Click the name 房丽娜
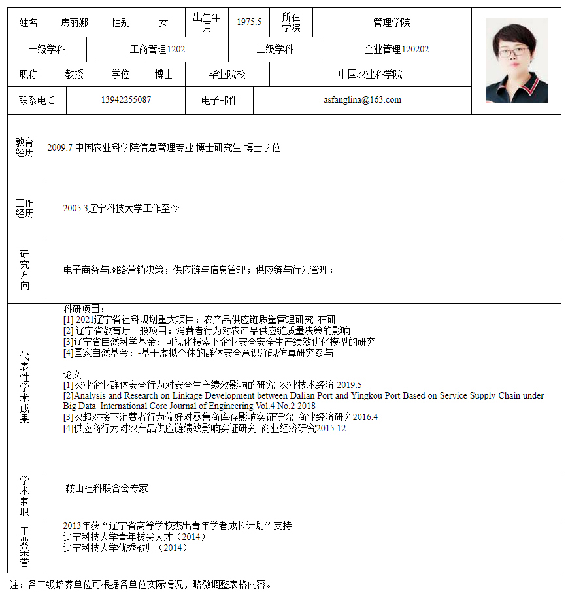click(74, 22)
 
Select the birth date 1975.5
click(249, 22)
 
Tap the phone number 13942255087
click(126, 100)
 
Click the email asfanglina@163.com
click(362, 100)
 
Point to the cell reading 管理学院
click(392, 22)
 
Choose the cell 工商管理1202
click(158, 49)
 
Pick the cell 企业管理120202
click(396, 49)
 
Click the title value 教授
click(74, 74)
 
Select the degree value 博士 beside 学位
click(163, 74)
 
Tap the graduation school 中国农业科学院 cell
click(370, 74)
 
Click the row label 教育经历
click(25, 147)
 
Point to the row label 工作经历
click(25, 208)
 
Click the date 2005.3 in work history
click(76, 209)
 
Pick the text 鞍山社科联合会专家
click(107, 488)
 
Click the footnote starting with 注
click(140, 584)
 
